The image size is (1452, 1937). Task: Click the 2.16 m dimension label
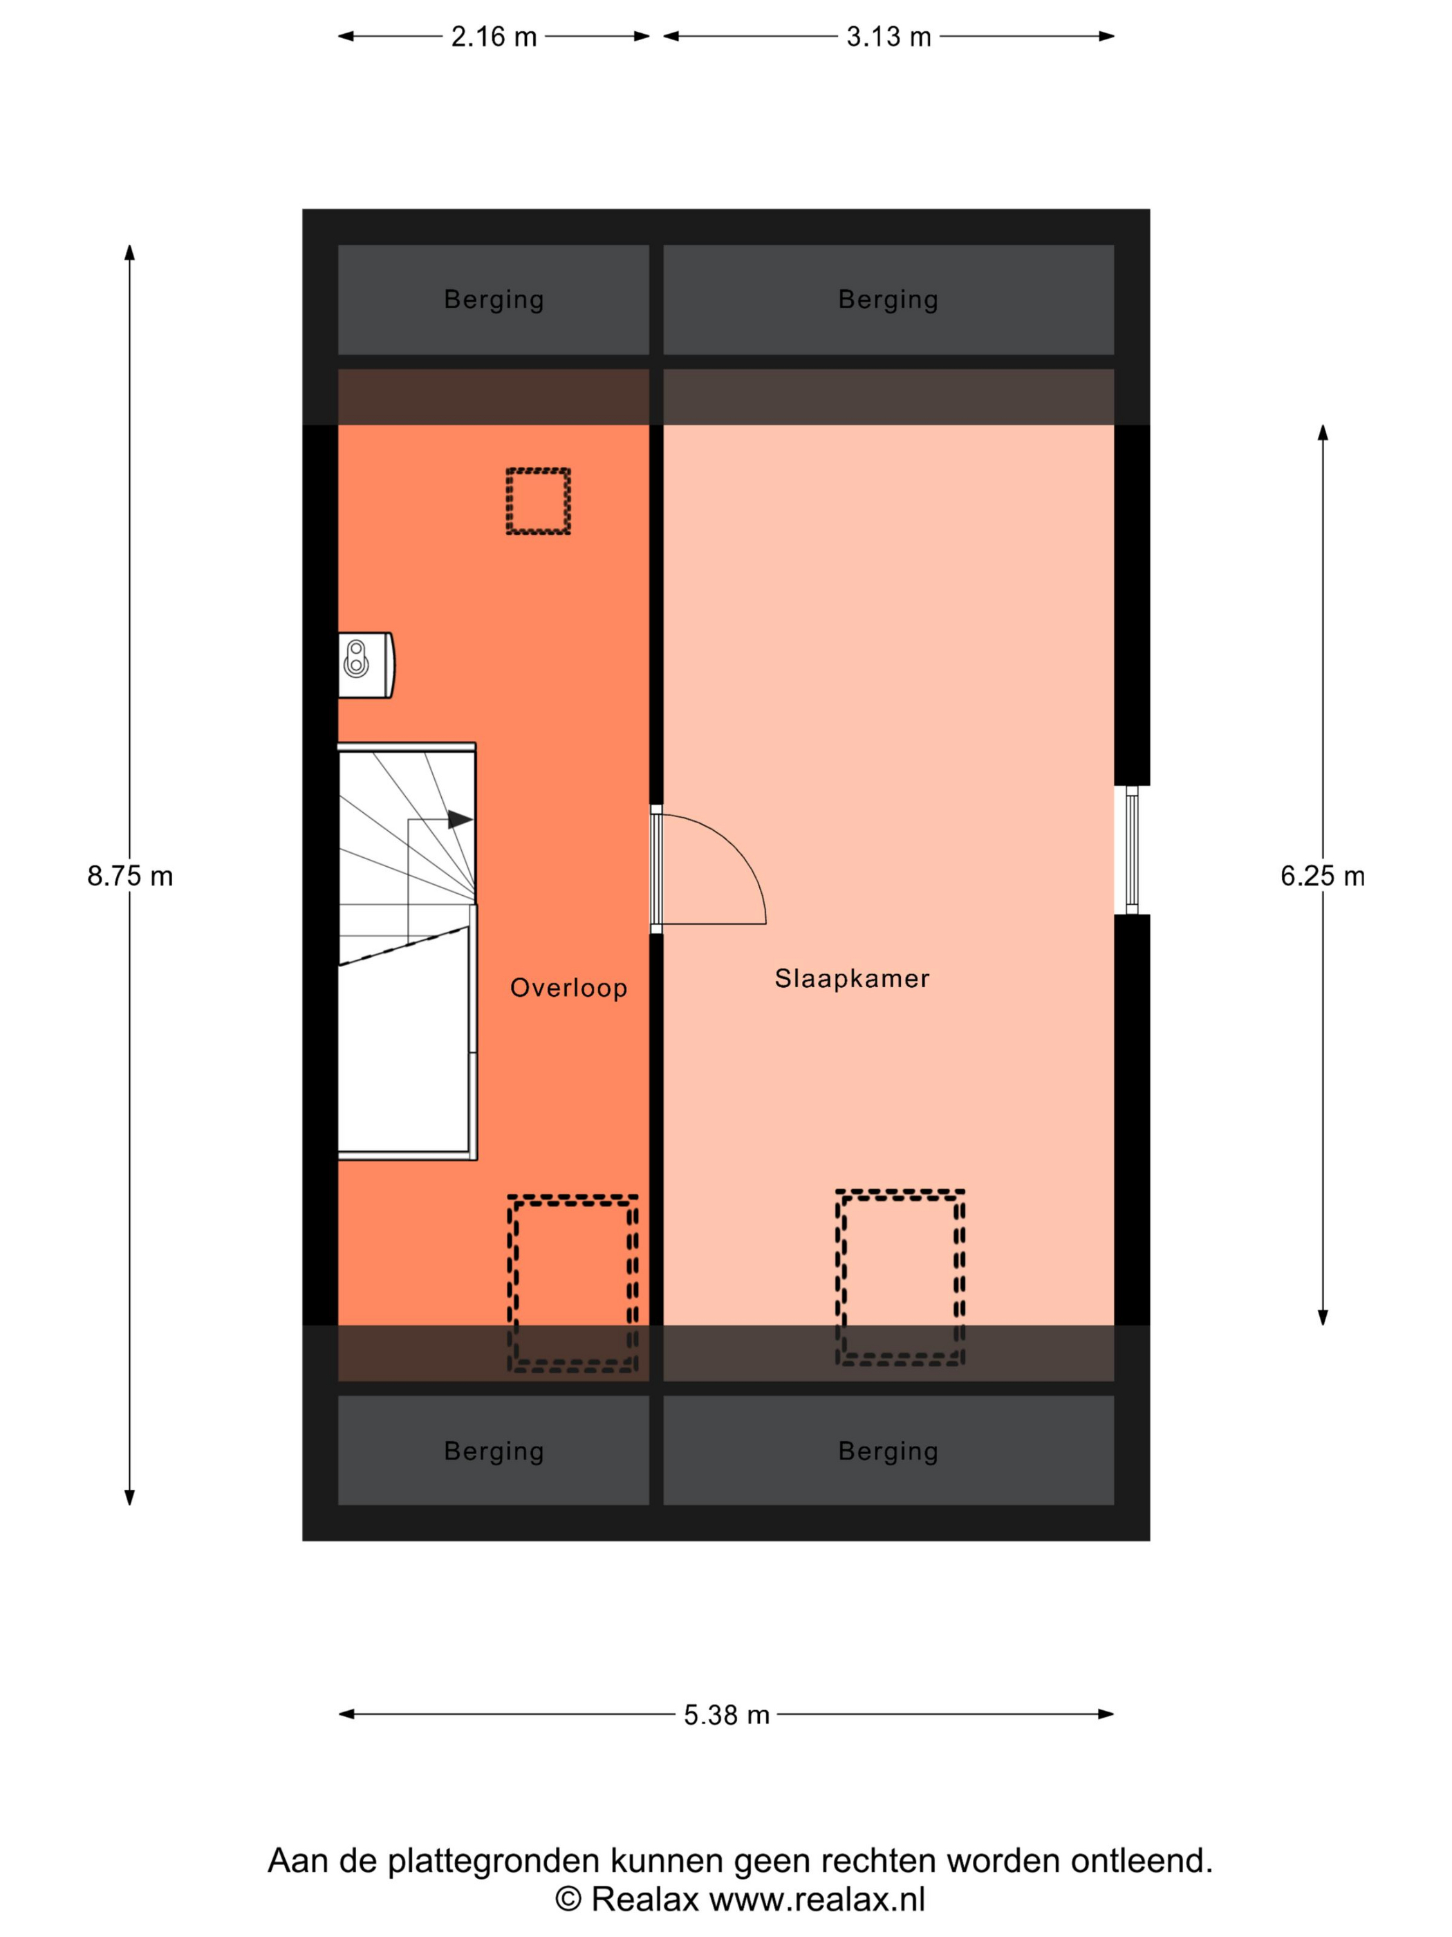[494, 37]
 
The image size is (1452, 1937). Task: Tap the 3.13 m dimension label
[888, 37]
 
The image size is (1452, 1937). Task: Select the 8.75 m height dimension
[129, 876]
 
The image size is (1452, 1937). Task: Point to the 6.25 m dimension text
[1323, 876]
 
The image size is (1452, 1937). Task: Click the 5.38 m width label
[727, 1714]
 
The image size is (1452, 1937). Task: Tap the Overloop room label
[569, 988]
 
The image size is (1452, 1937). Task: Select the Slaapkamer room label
[852, 978]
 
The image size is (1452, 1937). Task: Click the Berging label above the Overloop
[494, 300]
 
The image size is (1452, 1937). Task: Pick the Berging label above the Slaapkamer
[888, 300]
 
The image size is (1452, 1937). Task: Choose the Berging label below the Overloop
[494, 1451]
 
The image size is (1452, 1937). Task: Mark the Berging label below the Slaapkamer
[888, 1451]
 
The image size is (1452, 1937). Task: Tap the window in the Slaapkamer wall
[1132, 850]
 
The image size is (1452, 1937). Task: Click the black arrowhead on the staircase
[460, 820]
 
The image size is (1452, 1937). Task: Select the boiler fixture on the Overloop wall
[366, 665]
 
